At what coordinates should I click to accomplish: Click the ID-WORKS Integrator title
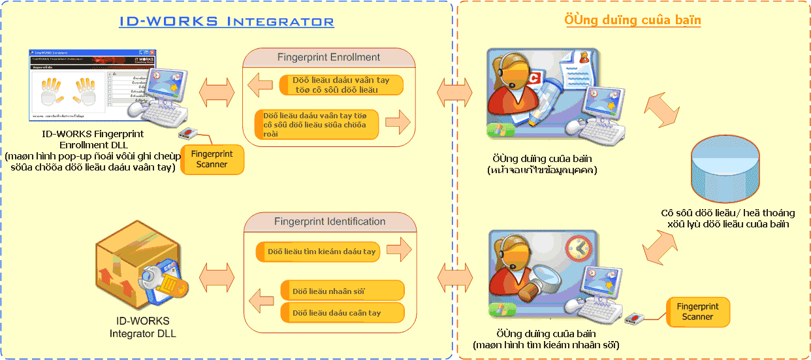[227, 22]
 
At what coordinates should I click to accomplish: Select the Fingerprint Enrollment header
[328, 57]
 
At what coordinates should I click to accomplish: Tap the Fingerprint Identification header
[330, 221]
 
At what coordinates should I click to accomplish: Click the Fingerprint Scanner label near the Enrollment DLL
[212, 159]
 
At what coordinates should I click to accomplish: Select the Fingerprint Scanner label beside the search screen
[697, 312]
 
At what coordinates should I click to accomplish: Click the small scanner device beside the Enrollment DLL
[187, 134]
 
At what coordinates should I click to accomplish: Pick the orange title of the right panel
[632, 20]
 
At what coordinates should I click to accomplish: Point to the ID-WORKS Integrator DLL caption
[142, 327]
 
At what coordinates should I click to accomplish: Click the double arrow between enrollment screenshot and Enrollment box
[216, 93]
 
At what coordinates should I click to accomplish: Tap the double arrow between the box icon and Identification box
[216, 276]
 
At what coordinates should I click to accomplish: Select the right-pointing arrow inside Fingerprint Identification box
[398, 249]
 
